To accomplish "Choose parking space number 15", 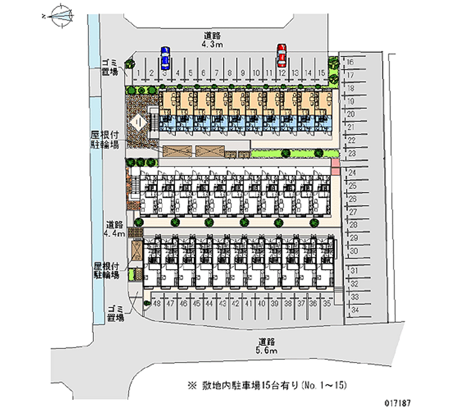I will point(320,73).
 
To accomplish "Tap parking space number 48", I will point(157,303).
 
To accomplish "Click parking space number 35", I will point(327,303).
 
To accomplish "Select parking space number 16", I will point(350,62).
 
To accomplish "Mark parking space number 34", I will point(355,310).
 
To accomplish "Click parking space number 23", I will point(351,153).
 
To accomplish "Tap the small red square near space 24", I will point(335,164).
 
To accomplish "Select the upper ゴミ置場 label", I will point(110,67).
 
